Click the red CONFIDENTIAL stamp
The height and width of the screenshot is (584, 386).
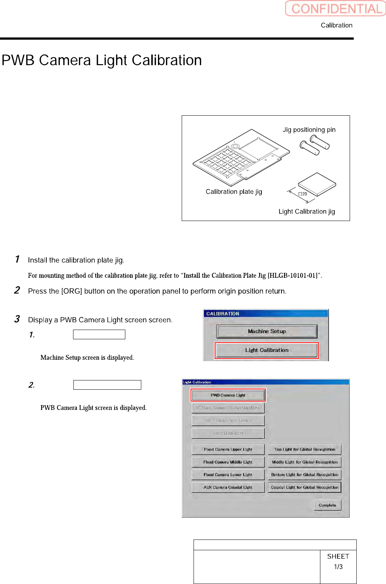[336, 9]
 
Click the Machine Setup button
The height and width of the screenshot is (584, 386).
[267, 331]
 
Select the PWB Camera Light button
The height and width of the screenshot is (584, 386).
[228, 395]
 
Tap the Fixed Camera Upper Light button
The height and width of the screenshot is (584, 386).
[228, 449]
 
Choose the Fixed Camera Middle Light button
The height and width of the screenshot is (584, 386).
[228, 462]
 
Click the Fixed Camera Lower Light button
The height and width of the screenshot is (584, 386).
[228, 475]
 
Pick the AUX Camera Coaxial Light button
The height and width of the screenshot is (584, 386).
[228, 487]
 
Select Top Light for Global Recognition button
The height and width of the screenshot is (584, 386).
[304, 449]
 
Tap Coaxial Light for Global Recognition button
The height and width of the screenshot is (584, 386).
[304, 487]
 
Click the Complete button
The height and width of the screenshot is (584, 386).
[327, 505]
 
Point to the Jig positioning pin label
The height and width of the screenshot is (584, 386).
[309, 130]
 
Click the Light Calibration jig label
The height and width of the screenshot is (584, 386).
[307, 211]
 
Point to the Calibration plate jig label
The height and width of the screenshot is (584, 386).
[234, 192]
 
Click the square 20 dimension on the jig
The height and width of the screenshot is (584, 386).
[303, 194]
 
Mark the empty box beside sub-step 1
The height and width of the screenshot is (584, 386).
[99, 334]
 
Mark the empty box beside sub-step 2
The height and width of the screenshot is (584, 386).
[107, 385]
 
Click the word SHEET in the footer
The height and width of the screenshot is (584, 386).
[338, 556]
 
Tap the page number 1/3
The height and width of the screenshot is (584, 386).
[338, 567]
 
